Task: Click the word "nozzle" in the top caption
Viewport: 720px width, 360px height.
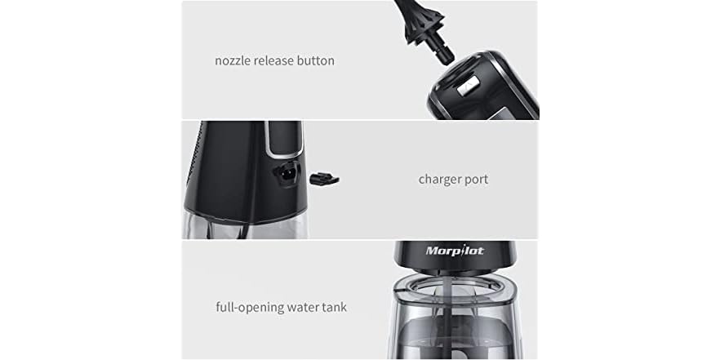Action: point(234,60)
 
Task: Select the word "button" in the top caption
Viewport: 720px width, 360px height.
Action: point(318,60)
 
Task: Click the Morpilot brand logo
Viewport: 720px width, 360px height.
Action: point(455,251)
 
